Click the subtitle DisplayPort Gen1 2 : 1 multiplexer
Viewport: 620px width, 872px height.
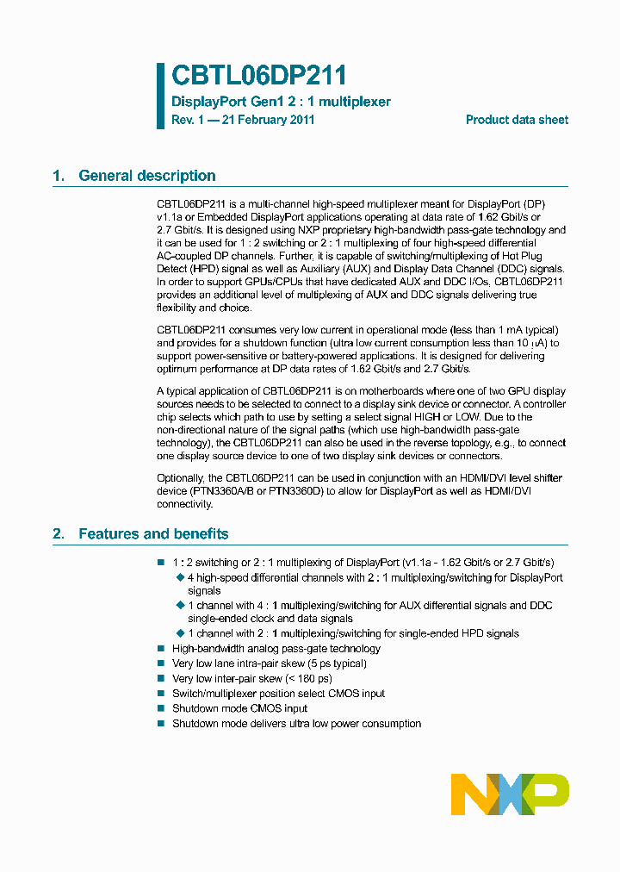tap(281, 102)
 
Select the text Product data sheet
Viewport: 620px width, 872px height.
tap(517, 120)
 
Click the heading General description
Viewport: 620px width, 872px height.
tap(146, 176)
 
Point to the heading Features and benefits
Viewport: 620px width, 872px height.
tap(153, 534)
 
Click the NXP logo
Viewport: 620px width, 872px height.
tap(510, 794)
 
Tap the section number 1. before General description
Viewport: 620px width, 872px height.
tap(59, 176)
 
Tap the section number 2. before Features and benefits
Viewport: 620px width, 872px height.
tap(59, 534)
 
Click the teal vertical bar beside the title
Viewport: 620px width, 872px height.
tap(160, 96)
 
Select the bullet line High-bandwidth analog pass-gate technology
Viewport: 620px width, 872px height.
tap(276, 649)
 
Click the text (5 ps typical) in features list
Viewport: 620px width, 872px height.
tap(327, 663)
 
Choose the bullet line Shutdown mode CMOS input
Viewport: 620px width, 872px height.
tap(239, 708)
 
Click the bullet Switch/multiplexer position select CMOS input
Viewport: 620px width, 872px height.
tap(278, 694)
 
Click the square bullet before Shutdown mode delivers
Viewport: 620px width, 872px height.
tap(160, 724)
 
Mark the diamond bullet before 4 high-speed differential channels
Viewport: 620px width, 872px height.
tap(180, 577)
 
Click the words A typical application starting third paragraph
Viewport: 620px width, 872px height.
tap(202, 390)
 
